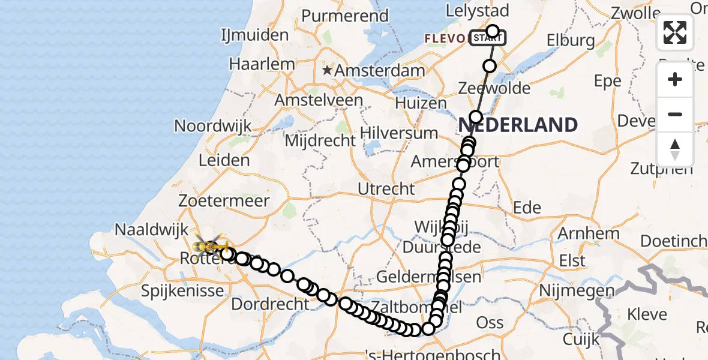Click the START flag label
click(487, 38)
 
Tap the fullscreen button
click(675, 32)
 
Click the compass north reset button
click(675, 149)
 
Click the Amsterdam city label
click(380, 71)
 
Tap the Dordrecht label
click(270, 304)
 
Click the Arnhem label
click(580, 233)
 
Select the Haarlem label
click(262, 64)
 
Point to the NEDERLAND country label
click(518, 125)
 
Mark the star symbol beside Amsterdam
click(327, 71)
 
